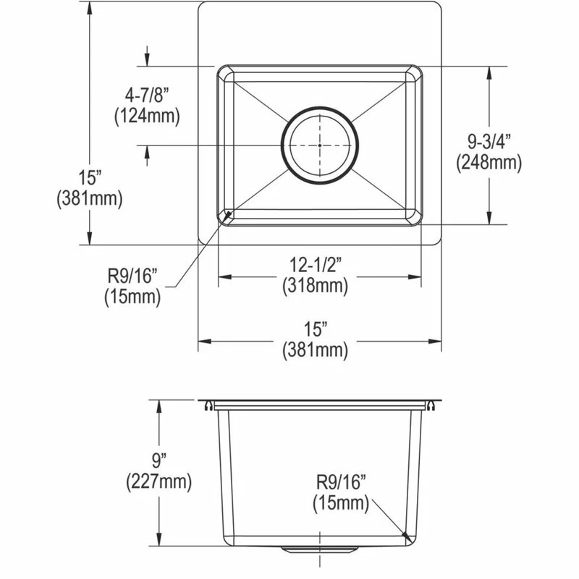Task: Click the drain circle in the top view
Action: [319, 145]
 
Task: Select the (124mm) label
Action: [147, 115]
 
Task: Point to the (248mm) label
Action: [489, 163]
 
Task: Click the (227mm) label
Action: [159, 480]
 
